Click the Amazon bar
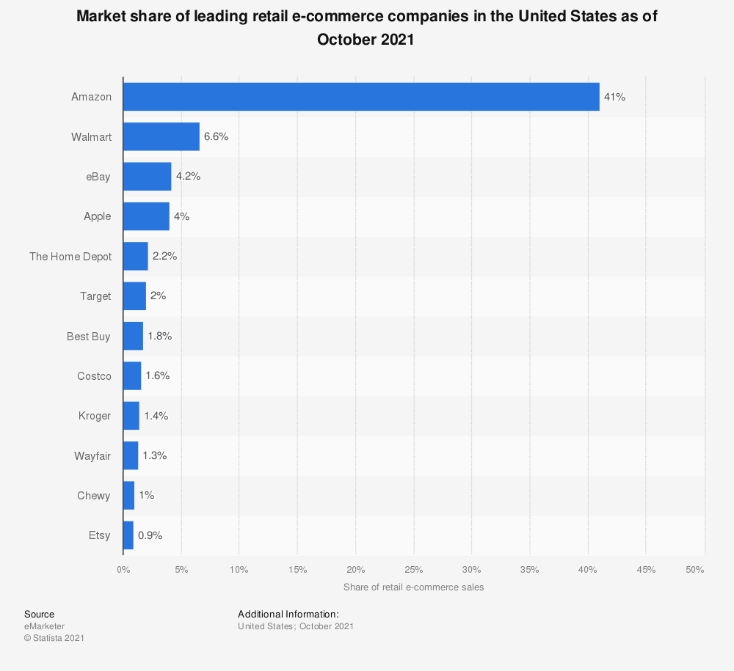[x=361, y=97]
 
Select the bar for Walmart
[x=161, y=136]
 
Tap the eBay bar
[x=148, y=177]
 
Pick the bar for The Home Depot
[x=136, y=256]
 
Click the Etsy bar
[x=128, y=535]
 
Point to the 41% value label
[x=614, y=97]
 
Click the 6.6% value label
[x=216, y=136]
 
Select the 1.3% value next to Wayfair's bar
[x=154, y=455]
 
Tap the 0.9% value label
[x=150, y=535]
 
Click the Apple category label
[x=98, y=216]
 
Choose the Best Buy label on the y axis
[x=89, y=336]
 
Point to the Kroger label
[x=95, y=416]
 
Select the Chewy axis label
[x=94, y=496]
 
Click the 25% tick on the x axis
[x=413, y=570]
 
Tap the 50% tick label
[x=695, y=570]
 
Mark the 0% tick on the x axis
[x=123, y=570]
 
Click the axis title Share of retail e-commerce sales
[x=413, y=587]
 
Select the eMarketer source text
[x=44, y=626]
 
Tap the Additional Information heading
[x=288, y=614]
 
